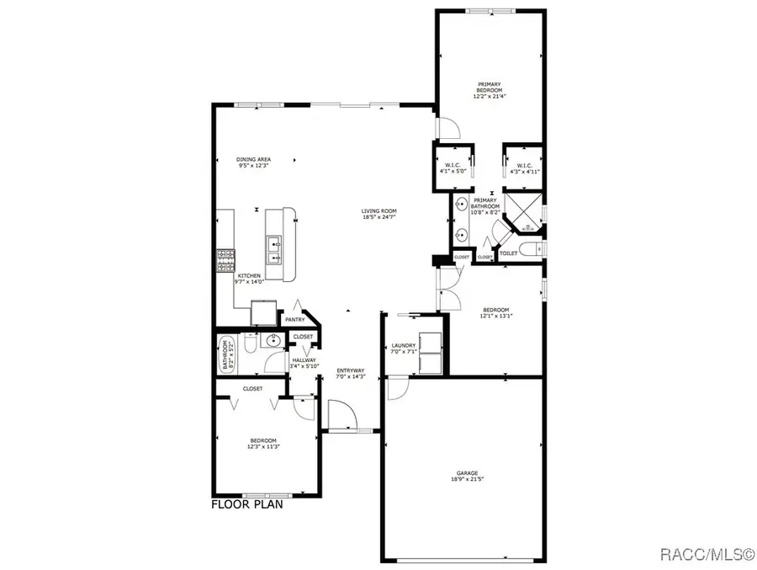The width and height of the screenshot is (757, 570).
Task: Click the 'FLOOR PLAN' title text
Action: click(x=246, y=506)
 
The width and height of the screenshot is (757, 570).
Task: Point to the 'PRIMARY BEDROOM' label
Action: click(x=490, y=88)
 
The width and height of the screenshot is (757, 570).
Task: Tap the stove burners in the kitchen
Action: click(x=225, y=260)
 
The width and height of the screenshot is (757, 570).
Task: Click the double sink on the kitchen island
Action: click(x=275, y=246)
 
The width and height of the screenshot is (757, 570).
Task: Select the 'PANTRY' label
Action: click(x=294, y=319)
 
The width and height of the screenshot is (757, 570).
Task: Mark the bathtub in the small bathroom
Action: click(x=225, y=355)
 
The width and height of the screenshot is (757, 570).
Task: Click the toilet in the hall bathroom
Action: click(x=250, y=344)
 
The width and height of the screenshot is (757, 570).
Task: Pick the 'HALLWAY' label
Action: click(x=304, y=360)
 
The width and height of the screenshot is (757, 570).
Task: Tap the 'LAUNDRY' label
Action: click(x=404, y=345)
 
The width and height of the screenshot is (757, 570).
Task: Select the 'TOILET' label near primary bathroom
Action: click(x=509, y=253)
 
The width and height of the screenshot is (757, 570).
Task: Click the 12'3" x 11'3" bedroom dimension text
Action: click(x=263, y=447)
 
